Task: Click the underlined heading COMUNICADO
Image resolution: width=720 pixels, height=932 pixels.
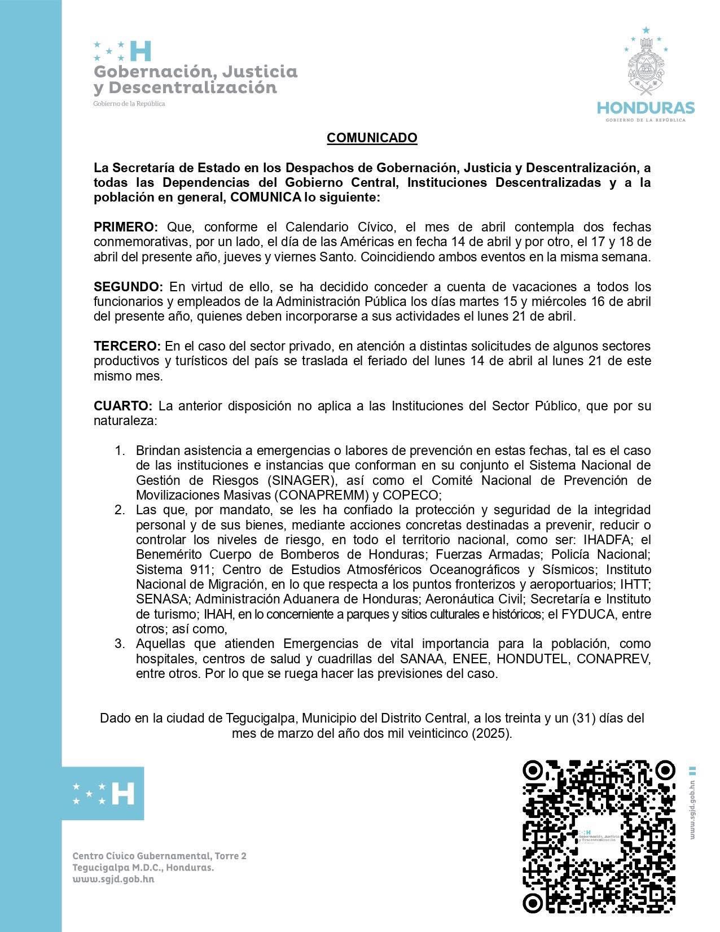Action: pos(372,138)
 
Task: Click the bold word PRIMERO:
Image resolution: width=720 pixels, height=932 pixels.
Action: pos(126,227)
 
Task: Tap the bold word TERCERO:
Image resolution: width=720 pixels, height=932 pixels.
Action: pos(128,346)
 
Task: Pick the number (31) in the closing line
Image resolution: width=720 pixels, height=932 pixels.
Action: pos(583,719)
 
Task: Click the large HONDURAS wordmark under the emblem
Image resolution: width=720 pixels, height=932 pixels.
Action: pos(646,108)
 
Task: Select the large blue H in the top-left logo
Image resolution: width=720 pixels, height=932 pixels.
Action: pos(141,51)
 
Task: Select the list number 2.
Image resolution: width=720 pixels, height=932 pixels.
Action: pos(120,510)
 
